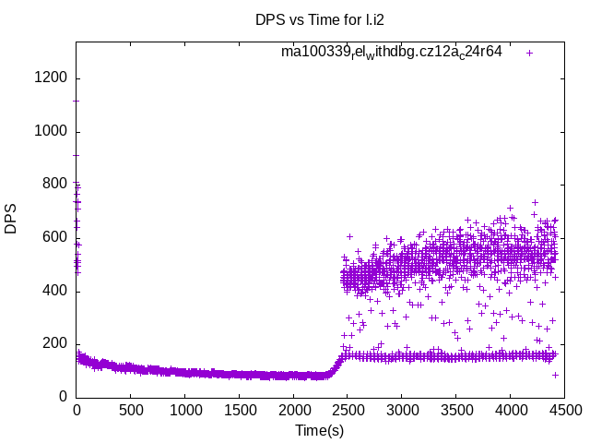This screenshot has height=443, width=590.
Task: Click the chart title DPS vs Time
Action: pyautogui.click(x=320, y=19)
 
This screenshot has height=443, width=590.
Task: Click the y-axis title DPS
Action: pyautogui.click(x=11, y=219)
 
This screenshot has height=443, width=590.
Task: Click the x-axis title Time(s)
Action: pyautogui.click(x=320, y=430)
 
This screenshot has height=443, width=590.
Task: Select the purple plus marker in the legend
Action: pyautogui.click(x=529, y=53)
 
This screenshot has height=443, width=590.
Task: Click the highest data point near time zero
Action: pyautogui.click(x=77, y=155)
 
